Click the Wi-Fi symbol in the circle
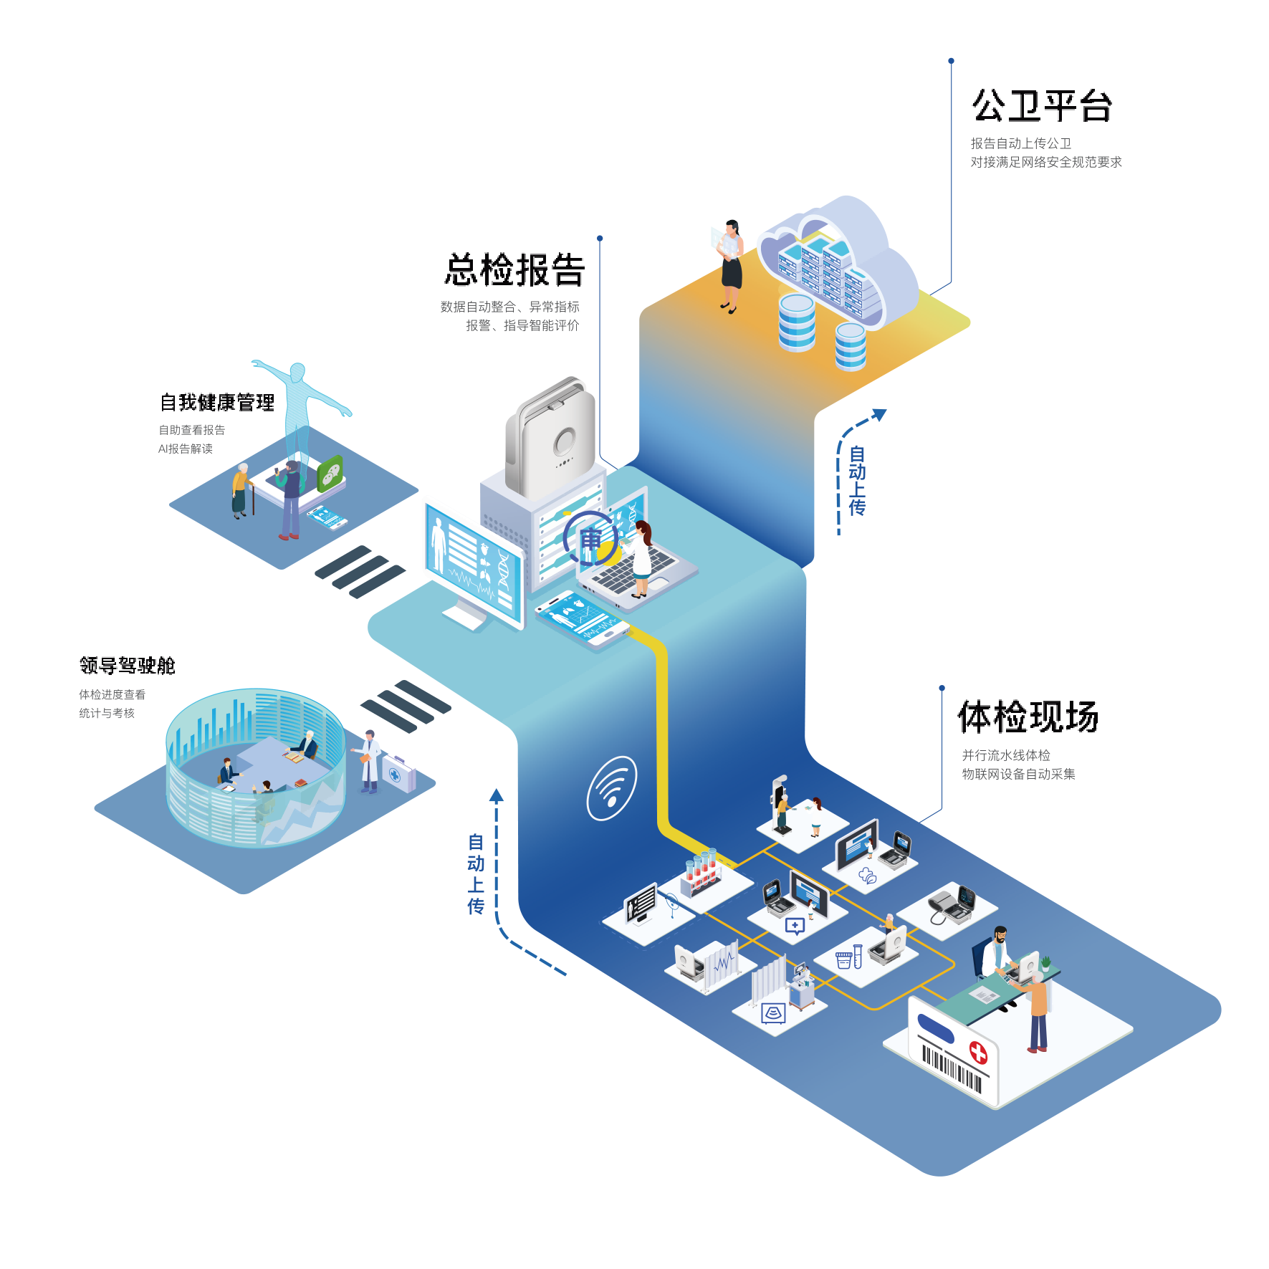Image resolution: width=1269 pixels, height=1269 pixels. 611,787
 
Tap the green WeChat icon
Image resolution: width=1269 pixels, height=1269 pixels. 330,473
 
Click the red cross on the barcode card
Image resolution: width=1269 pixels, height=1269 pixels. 978,1052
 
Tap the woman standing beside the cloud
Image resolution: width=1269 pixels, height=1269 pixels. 731,265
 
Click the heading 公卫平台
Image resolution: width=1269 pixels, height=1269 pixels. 1042,107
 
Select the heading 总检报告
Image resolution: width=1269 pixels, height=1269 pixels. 514,270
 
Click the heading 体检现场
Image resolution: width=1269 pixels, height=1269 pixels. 1028,717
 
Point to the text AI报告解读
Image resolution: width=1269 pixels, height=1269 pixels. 186,449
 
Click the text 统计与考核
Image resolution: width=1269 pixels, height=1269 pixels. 107,714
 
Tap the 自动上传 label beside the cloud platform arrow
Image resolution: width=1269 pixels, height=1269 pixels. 857,480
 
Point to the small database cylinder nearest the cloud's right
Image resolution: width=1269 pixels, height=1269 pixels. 851,345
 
